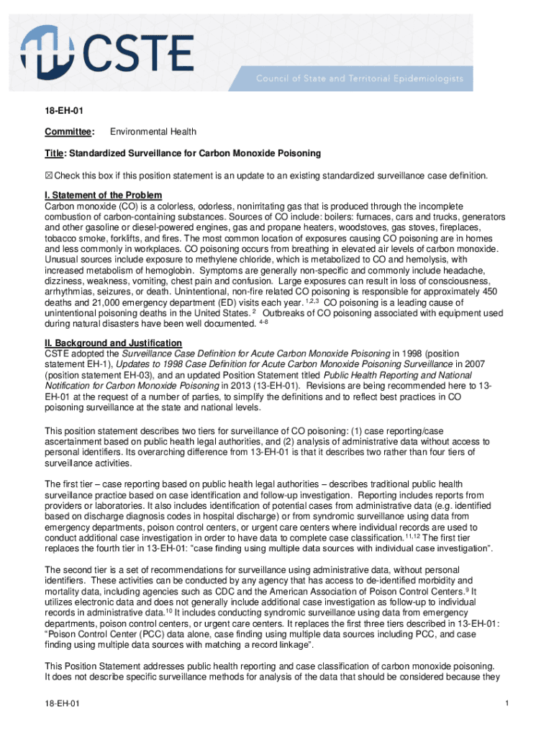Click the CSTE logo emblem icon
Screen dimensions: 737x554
[48, 51]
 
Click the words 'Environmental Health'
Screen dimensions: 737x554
[153, 132]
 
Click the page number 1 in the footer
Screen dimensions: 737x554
[507, 703]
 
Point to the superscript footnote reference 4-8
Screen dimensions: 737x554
[263, 322]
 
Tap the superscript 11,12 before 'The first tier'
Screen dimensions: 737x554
[413, 536]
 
